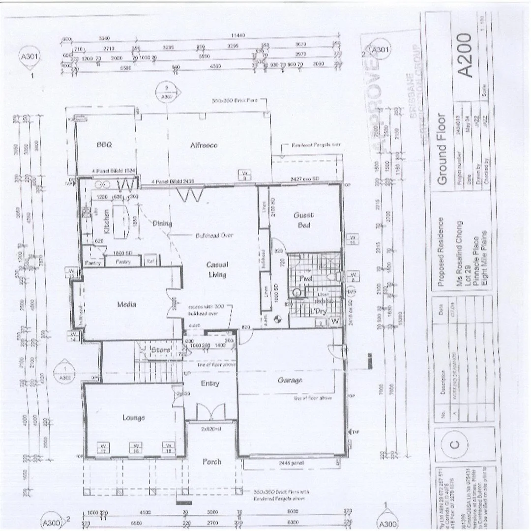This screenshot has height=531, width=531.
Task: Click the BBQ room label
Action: (104, 145)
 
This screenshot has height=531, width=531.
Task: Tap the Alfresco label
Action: (204, 145)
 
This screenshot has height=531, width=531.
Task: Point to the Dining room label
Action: (162, 224)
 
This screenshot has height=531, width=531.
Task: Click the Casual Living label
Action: (217, 269)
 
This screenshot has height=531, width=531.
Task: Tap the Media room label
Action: (126, 304)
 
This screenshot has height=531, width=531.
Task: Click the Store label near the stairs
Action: (160, 350)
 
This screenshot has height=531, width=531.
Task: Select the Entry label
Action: (210, 383)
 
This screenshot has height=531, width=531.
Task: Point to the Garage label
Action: (290, 380)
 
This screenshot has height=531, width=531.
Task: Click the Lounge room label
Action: (134, 418)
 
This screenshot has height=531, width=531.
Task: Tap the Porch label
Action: (212, 462)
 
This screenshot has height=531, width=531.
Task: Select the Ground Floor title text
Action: (442, 150)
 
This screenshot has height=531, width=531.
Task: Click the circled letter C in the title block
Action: (454, 444)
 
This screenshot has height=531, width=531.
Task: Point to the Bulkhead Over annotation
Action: (214, 236)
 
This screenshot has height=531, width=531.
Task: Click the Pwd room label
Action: (306, 279)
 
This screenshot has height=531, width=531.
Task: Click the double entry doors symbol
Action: (210, 412)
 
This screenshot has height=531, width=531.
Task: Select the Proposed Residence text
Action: (441, 252)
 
